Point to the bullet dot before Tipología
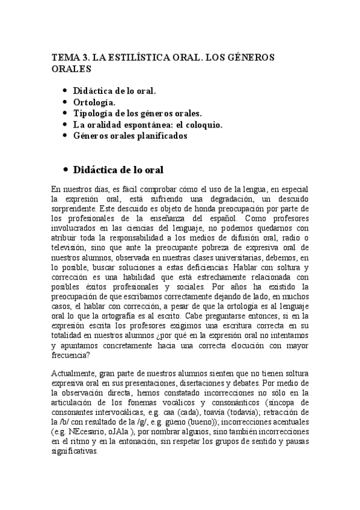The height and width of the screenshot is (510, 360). click(x=64, y=114)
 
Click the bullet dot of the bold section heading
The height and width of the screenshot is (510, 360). click(x=64, y=170)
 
